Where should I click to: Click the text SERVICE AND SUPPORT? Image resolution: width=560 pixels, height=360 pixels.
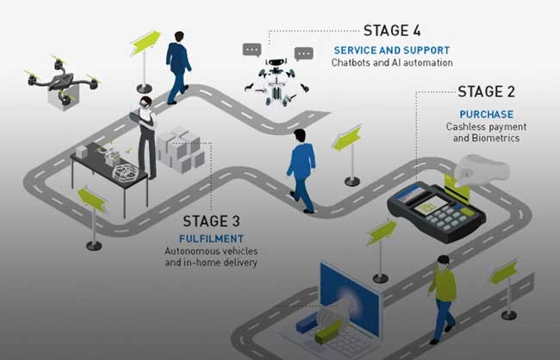click(391, 50)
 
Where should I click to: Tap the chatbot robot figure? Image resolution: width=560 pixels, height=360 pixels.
click(275, 82)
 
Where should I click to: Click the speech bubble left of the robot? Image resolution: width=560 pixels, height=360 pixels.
click(252, 50)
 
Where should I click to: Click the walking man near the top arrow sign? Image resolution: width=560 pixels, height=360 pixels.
click(178, 65)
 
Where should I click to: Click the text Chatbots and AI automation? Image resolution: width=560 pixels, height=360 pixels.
click(391, 63)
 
